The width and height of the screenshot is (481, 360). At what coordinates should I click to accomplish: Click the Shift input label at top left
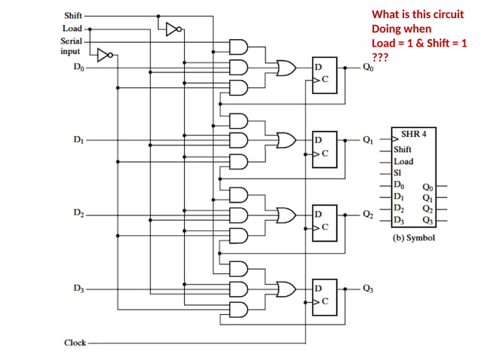pyautogui.click(x=73, y=15)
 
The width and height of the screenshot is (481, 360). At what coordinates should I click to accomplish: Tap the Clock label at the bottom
pyautogui.click(x=75, y=343)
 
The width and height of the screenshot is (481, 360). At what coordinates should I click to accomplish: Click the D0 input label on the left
pyautogui.click(x=79, y=67)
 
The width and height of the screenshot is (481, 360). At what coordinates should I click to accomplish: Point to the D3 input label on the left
pyautogui.click(x=79, y=288)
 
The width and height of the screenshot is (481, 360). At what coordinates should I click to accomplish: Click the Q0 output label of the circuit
pyautogui.click(x=367, y=67)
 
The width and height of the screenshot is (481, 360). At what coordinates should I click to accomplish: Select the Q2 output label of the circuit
pyautogui.click(x=367, y=215)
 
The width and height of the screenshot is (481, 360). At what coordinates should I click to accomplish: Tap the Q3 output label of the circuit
pyautogui.click(x=367, y=288)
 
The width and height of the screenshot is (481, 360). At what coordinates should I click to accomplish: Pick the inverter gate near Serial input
pyautogui.click(x=106, y=54)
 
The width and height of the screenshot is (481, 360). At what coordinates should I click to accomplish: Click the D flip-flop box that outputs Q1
pyautogui.click(x=325, y=146)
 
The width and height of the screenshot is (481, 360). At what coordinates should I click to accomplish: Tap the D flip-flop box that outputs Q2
pyautogui.click(x=325, y=220)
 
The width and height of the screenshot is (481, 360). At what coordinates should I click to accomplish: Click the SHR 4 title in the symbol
pyautogui.click(x=414, y=133)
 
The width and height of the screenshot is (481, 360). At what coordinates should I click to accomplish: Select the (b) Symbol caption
pyautogui.click(x=414, y=237)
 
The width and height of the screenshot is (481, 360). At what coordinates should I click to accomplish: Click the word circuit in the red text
pyautogui.click(x=448, y=14)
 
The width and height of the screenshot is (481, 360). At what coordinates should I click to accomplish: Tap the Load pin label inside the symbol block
pyautogui.click(x=403, y=161)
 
